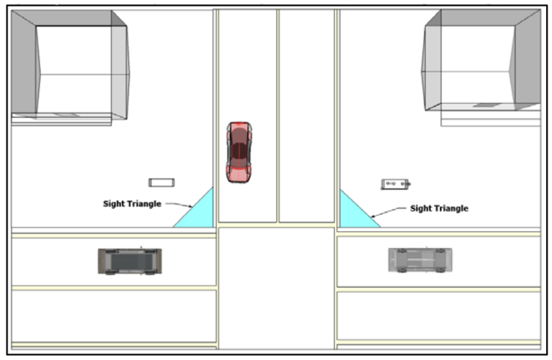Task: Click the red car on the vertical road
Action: (x=239, y=152)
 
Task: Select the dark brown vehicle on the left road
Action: (x=130, y=261)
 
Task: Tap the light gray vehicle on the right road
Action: (x=421, y=260)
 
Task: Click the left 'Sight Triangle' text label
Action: (x=132, y=204)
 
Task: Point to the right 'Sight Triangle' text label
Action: (x=439, y=208)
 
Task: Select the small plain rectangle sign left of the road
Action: (x=161, y=183)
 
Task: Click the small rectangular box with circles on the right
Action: (x=396, y=184)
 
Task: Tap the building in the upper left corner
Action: (x=71, y=65)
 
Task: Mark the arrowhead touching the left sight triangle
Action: (x=191, y=206)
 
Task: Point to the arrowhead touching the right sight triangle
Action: (x=373, y=216)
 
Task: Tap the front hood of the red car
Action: (x=239, y=174)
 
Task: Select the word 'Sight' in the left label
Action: (x=113, y=204)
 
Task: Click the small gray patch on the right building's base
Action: (x=484, y=105)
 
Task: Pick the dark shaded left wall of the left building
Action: (x=25, y=63)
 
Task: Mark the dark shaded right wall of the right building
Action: (x=526, y=60)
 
